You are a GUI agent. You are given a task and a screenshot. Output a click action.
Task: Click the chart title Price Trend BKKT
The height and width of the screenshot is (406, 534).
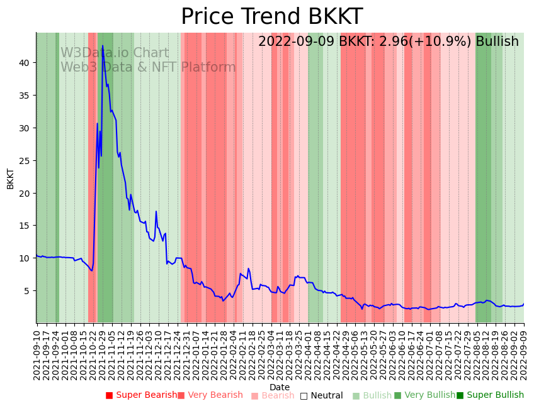[271, 17]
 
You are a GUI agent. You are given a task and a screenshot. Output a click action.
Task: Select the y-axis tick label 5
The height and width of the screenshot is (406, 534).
[28, 290]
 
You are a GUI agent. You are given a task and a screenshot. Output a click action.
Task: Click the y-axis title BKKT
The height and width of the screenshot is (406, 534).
[10, 178]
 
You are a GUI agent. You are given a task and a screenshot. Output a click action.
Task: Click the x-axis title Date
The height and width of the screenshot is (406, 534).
[280, 387]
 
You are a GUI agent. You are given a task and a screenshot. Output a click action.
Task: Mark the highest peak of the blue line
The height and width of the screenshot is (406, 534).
[102, 45]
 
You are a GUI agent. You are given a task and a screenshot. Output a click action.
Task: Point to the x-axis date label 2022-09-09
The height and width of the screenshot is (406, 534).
[524, 352]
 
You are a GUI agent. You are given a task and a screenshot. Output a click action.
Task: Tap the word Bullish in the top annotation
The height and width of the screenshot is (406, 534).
[497, 41]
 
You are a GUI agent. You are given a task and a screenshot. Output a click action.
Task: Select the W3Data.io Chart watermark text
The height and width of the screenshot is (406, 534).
[115, 53]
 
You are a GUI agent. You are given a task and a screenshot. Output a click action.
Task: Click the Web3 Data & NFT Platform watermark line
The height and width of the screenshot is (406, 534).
[148, 67]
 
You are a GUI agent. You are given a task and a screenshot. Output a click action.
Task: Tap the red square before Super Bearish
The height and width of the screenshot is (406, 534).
[109, 395]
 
